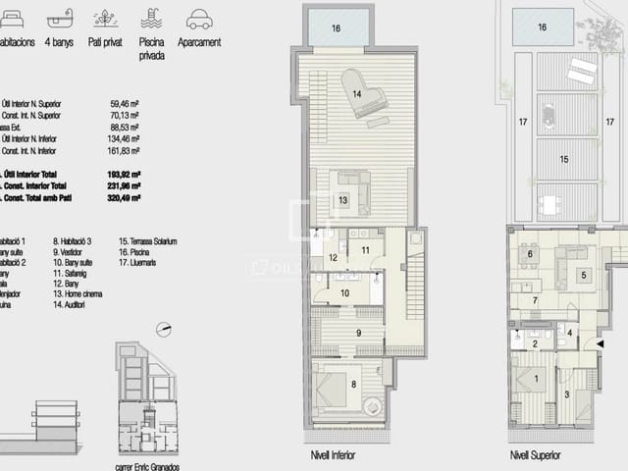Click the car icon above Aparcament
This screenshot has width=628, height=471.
coord(198,19)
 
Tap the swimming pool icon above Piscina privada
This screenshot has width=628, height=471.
coord(151,19)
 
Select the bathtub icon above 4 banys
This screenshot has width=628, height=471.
coord(60,19)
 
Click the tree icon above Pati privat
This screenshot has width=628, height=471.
coord(105,19)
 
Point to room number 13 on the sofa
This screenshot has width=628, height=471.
coord(343,199)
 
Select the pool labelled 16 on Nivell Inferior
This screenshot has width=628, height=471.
coord(338,28)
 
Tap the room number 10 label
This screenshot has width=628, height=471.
coord(345,292)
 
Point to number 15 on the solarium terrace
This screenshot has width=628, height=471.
coord(564,158)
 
